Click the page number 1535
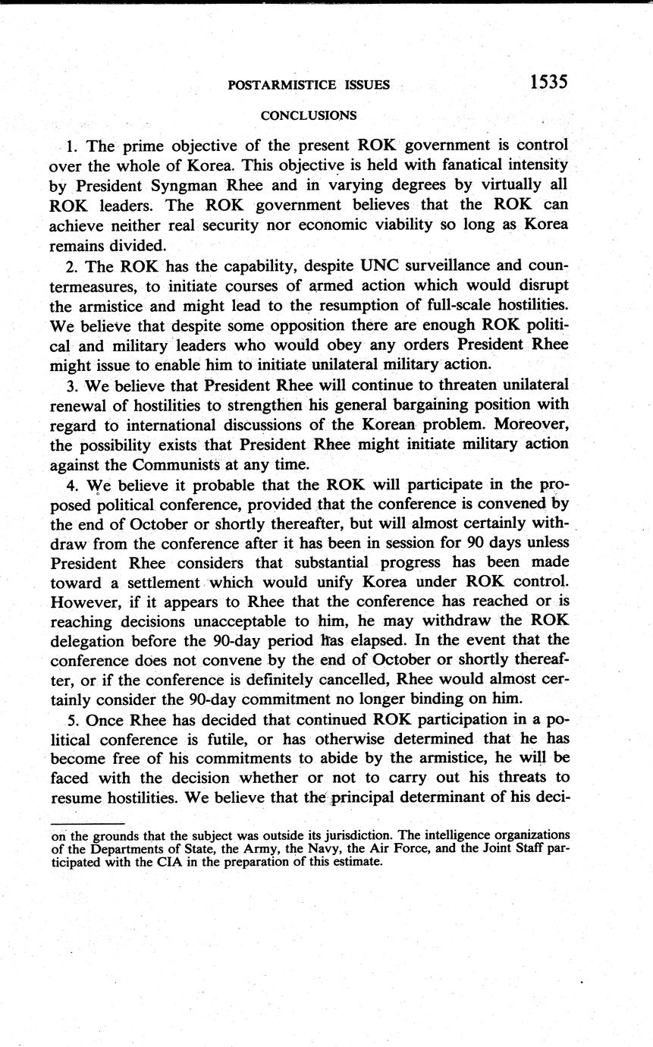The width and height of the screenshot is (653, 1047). [538, 82]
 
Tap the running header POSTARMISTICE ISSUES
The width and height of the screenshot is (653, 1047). [309, 85]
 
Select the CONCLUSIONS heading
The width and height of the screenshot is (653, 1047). [309, 115]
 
